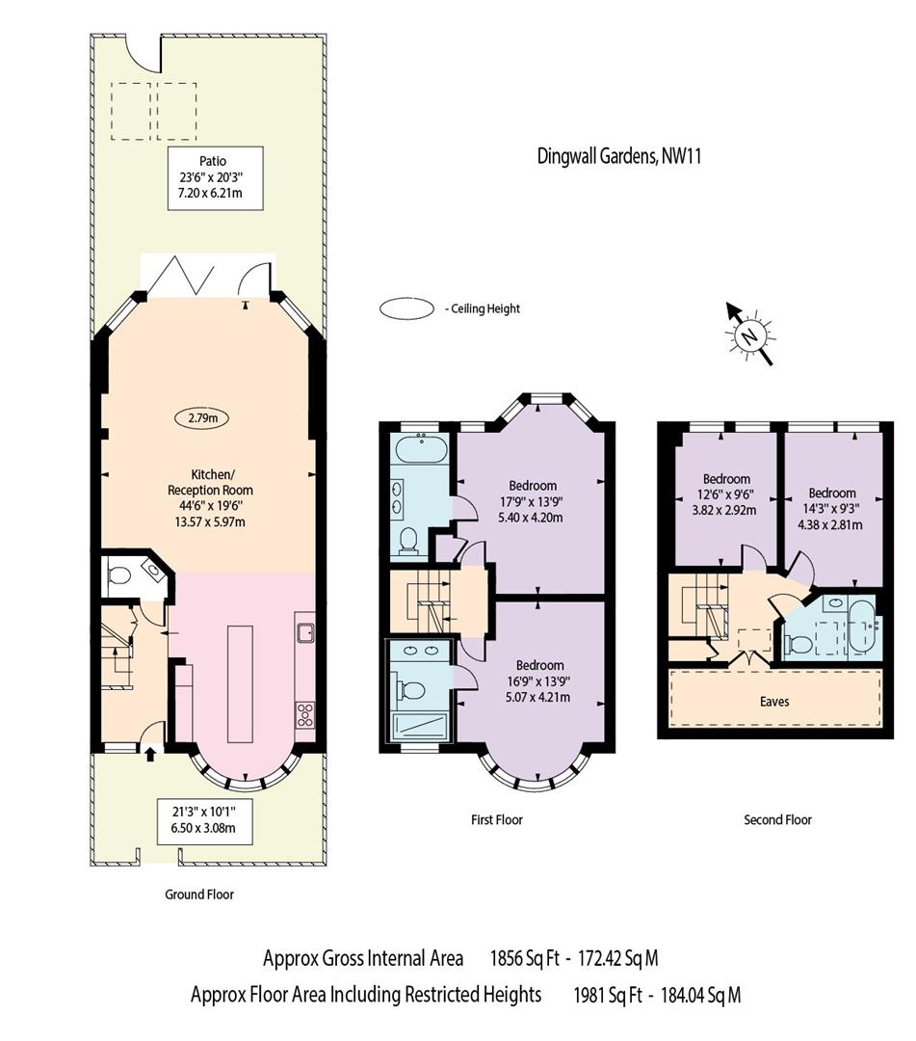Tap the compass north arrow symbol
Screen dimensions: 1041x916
[749, 334]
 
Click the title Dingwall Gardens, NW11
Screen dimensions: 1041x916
[618, 156]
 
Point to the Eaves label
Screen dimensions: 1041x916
[774, 701]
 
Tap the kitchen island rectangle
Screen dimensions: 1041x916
[241, 682]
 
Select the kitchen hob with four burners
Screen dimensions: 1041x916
[306, 714]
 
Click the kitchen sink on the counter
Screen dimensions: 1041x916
[306, 633]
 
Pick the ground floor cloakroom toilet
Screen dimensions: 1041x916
[120, 576]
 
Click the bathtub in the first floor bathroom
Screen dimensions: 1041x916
[421, 449]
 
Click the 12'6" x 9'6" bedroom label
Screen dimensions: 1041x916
[726, 494]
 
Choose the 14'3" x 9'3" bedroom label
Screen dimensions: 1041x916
[832, 509]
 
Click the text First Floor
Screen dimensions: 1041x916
[496, 819]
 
